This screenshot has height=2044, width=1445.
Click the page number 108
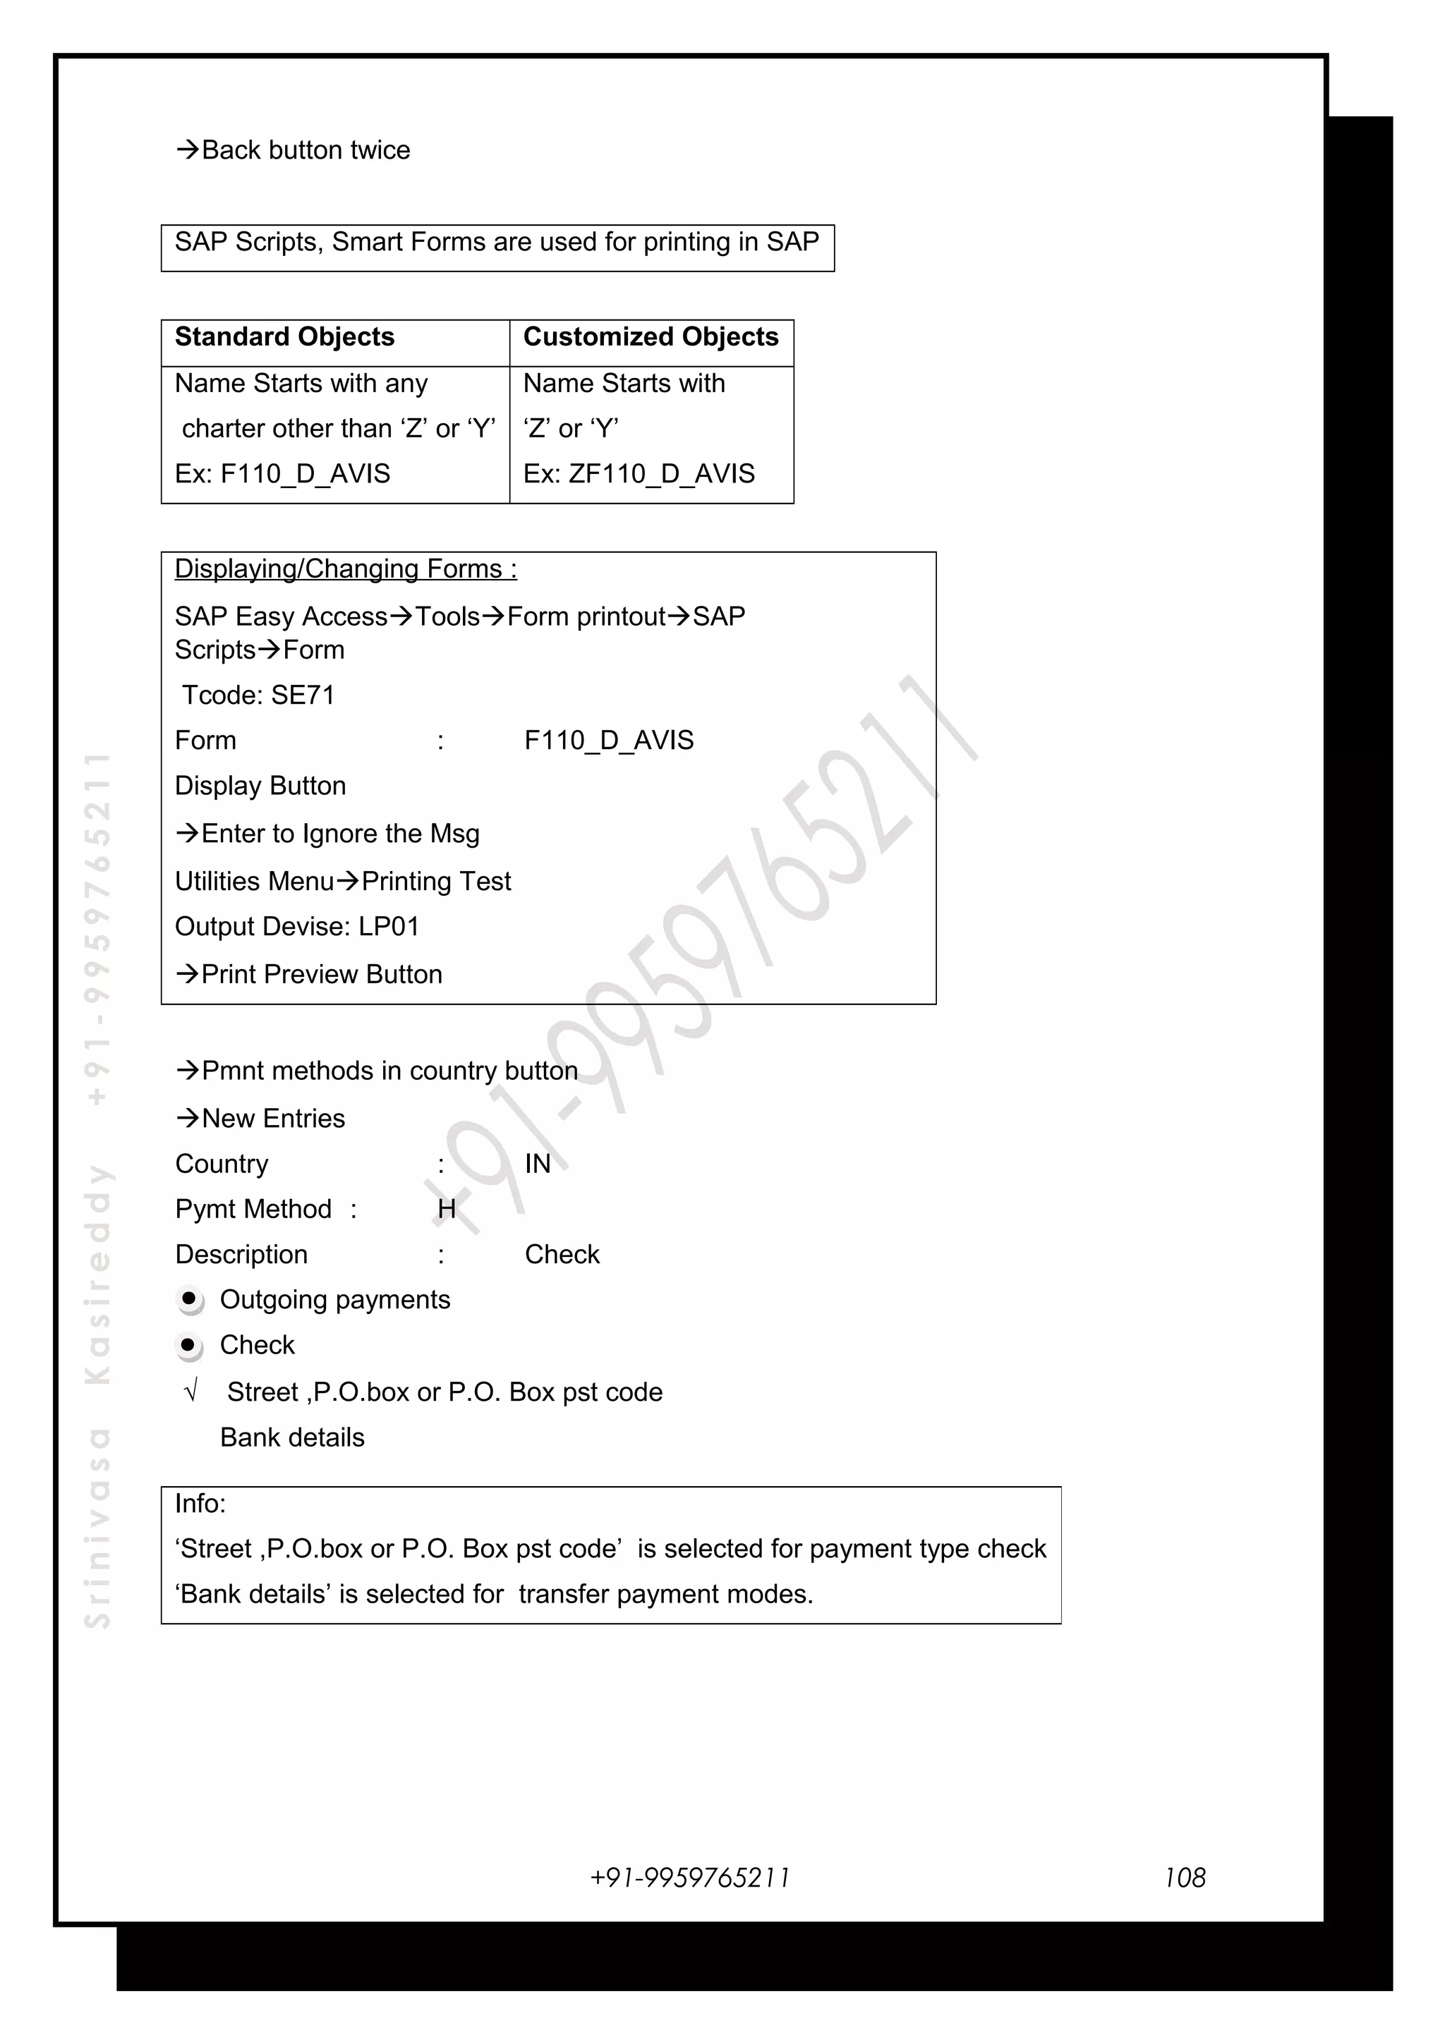[x=1184, y=1878]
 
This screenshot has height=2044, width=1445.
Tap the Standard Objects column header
[x=284, y=337]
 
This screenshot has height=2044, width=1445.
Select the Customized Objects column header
[x=650, y=337]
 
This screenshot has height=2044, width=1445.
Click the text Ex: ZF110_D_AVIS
[x=639, y=473]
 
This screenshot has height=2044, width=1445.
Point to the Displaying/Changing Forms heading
[x=346, y=569]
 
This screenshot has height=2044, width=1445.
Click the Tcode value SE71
[x=303, y=695]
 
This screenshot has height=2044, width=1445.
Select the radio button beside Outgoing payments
[x=189, y=1300]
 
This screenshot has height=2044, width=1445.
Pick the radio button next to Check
[x=189, y=1345]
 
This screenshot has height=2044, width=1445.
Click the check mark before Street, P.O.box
[x=191, y=1392]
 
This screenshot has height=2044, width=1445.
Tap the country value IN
[x=538, y=1164]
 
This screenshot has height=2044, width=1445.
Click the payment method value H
[x=447, y=1210]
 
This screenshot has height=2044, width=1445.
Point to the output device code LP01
[x=389, y=927]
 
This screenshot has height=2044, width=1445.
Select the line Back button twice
[x=294, y=150]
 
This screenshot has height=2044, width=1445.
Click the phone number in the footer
[x=690, y=1878]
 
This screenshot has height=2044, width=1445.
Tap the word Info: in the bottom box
[x=200, y=1504]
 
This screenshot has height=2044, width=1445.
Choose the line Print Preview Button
[x=309, y=975]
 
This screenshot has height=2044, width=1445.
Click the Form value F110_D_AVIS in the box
[x=609, y=741]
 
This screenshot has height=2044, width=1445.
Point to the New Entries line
[x=261, y=1119]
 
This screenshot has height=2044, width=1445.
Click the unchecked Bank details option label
[x=292, y=1437]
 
